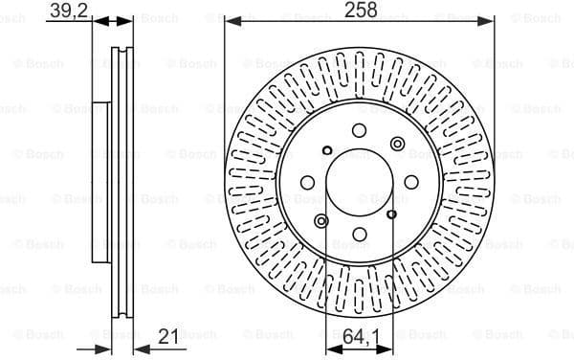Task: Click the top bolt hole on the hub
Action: pos(359,131)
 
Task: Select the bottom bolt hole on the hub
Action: pos(359,234)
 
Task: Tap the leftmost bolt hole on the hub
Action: pos(307,182)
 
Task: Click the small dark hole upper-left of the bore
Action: pos(327,150)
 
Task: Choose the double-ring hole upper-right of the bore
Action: pos(398,144)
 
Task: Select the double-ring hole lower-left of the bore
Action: pos(320,222)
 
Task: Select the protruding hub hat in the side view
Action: pos(99,182)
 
